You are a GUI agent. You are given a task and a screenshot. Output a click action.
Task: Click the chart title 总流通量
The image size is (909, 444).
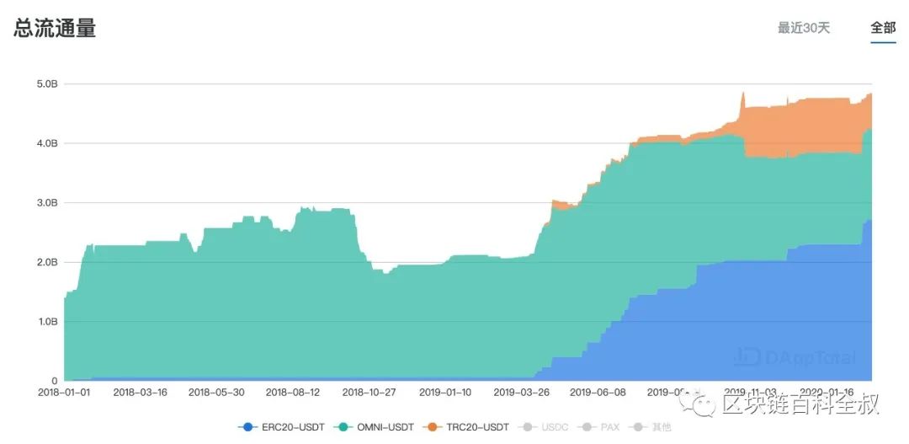pyautogui.click(x=55, y=28)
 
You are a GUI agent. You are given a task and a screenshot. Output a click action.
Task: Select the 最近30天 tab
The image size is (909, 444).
pyautogui.click(x=803, y=28)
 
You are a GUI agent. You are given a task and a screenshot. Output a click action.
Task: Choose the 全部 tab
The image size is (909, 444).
pyautogui.click(x=883, y=28)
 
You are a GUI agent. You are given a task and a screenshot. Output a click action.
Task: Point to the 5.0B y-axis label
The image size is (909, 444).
pyautogui.click(x=47, y=84)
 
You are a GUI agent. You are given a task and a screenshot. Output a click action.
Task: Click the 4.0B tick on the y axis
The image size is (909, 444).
pyautogui.click(x=47, y=143)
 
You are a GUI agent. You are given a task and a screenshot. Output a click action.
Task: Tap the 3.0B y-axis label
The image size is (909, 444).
pyautogui.click(x=47, y=203)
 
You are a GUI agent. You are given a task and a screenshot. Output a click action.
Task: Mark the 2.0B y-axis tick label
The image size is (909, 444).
pyautogui.click(x=47, y=262)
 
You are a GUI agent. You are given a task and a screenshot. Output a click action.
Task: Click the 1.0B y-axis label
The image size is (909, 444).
pyautogui.click(x=47, y=322)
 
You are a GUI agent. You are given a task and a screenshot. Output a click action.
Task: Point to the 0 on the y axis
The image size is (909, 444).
pyautogui.click(x=54, y=381)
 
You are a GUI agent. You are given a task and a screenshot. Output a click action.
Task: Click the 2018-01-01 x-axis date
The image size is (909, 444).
pyautogui.click(x=64, y=393)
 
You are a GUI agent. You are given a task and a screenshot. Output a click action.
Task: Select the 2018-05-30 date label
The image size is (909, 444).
pyautogui.click(x=216, y=393)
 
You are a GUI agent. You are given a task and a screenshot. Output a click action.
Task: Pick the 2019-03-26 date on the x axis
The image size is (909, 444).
pyautogui.click(x=522, y=393)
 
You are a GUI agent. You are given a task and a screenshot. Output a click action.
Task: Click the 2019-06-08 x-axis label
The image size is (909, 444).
pyautogui.click(x=598, y=393)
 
